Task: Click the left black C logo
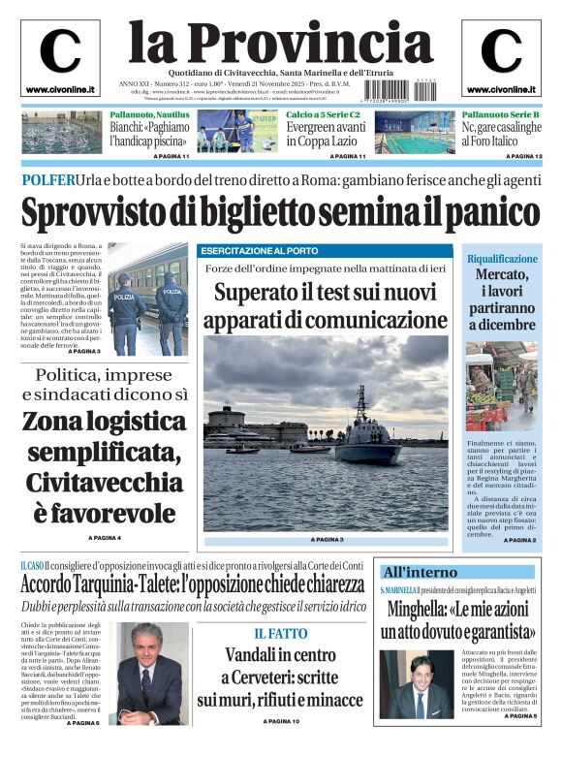click(x=60, y=51)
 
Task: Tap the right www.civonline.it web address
click(x=501, y=90)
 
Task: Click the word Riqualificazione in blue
click(x=502, y=260)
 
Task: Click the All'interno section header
click(x=420, y=572)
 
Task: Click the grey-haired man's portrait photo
click(x=152, y=674)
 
